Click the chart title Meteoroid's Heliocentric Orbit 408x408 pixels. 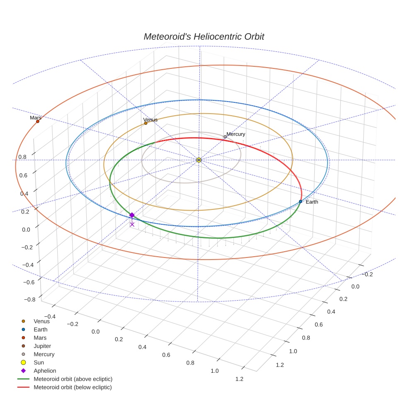pos(204,36)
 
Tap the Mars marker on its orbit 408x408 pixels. pos(38,121)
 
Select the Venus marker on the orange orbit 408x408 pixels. pos(146,123)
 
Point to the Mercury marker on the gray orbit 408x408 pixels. pos(225,137)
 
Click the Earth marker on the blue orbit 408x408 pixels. pos(301,202)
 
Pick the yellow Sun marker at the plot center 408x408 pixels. pos(199,160)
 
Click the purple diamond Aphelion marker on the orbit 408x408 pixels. pos(132,215)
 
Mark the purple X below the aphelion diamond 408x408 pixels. pos(132,224)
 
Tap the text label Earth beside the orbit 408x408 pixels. pos(312,202)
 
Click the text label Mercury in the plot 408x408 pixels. pos(236,134)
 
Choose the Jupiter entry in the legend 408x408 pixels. pos(42,346)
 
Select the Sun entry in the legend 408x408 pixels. pos(39,362)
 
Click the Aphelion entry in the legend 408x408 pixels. pos(45,371)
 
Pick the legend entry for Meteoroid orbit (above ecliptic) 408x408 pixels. pos(73,379)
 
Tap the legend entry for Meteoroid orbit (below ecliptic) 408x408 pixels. pos(73,387)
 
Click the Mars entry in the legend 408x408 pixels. pos(40,338)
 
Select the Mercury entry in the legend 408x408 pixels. pos(44,354)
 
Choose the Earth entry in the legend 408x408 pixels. pos(40,329)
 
